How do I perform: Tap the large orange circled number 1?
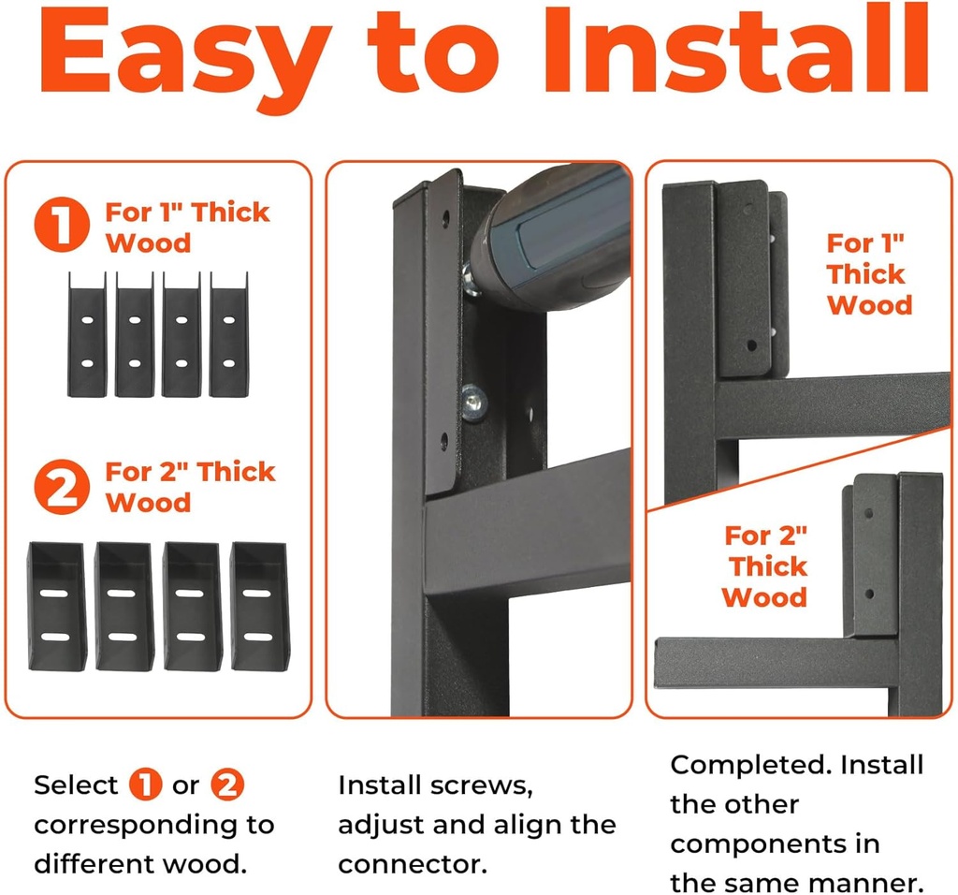[62, 227]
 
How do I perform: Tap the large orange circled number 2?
[62, 487]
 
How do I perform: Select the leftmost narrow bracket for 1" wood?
[86, 334]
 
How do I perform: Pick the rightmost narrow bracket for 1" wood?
[228, 334]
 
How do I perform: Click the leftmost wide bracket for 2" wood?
[57, 606]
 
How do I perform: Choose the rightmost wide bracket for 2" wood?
[261, 606]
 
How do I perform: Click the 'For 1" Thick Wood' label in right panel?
[866, 274]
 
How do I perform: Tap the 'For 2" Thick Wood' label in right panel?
[765, 566]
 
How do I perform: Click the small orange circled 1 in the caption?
[146, 785]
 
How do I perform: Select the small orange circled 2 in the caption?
[227, 785]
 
